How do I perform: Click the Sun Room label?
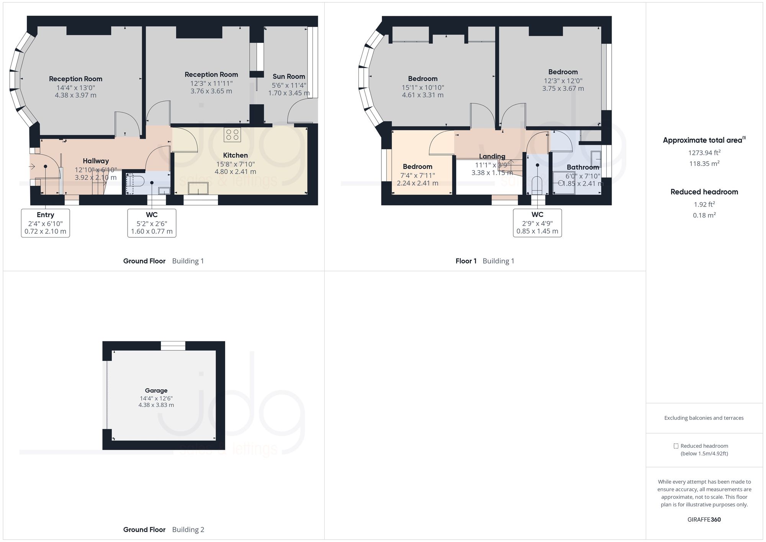[288, 77]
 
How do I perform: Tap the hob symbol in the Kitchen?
[232, 135]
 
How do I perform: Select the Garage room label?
[156, 391]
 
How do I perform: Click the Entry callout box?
[45, 223]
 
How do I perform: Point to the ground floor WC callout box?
[152, 223]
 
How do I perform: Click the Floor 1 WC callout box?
[537, 223]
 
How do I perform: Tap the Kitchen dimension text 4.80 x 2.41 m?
[235, 172]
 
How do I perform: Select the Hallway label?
[96, 161]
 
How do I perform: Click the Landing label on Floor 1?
[492, 156]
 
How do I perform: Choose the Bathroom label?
[583, 167]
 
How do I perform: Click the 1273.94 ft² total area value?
[704, 153]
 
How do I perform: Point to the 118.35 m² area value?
[704, 164]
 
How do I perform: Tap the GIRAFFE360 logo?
[704, 520]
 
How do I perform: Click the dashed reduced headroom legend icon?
[676, 446]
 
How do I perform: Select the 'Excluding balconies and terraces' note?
[704, 418]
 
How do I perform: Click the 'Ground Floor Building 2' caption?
[164, 530]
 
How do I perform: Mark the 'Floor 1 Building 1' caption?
[484, 261]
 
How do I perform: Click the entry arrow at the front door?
[32, 167]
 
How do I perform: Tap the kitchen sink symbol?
[198, 188]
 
